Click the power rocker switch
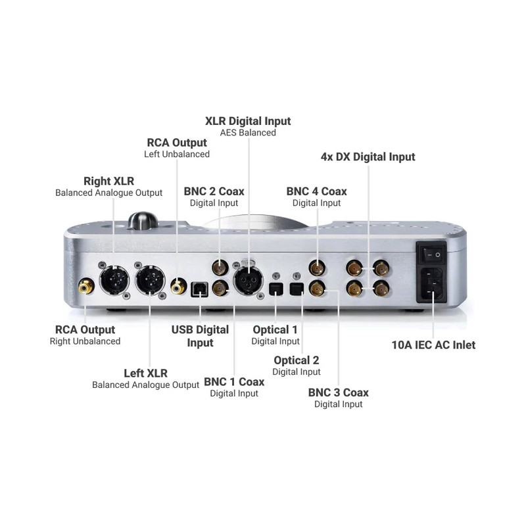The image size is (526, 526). tap(431, 255)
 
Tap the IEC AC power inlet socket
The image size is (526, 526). tap(431, 285)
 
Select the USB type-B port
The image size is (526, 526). tap(199, 289)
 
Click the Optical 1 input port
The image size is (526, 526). tap(276, 289)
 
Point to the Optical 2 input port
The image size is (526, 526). tap(297, 289)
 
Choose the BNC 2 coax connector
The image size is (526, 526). tap(220, 268)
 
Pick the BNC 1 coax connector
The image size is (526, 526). tap(220, 289)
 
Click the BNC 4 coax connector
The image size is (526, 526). tap(317, 268)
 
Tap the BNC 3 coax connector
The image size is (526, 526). tap(317, 289)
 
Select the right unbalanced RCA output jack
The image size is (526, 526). tap(86, 286)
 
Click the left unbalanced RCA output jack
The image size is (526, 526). tap(178, 286)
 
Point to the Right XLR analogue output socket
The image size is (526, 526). tap(114, 280)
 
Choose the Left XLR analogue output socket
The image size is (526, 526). tap(150, 280)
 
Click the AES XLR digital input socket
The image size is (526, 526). tap(249, 281)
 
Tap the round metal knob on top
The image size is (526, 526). tap(143, 220)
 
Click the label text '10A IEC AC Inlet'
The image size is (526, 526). tap(433, 345)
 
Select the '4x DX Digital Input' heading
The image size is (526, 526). tap(368, 156)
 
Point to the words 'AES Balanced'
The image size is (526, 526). tap(248, 133)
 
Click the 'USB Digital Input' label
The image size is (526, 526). tap(200, 336)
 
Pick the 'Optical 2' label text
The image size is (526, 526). tap(297, 360)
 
